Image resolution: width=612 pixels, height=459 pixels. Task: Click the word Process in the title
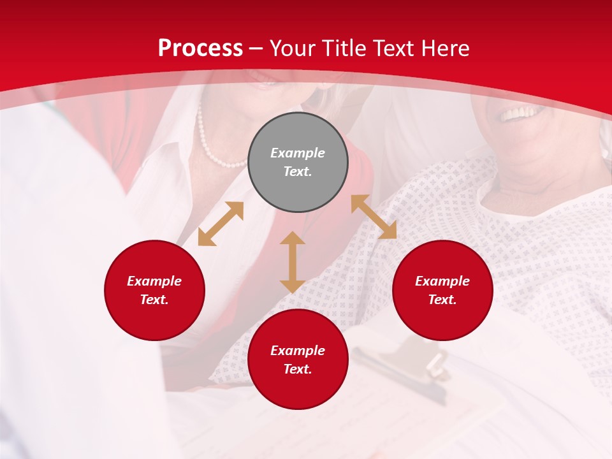click(x=200, y=48)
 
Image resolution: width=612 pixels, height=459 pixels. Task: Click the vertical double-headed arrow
click(x=292, y=262)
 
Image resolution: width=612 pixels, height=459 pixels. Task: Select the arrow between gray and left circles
click(x=221, y=224)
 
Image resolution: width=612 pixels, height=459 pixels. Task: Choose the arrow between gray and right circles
click(x=374, y=217)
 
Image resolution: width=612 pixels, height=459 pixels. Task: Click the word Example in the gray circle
click(x=298, y=153)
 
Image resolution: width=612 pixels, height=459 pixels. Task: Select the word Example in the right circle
click(x=442, y=281)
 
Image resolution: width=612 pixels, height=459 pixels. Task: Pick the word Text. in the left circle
click(x=154, y=300)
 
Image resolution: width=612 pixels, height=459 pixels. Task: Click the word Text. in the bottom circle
click(x=298, y=369)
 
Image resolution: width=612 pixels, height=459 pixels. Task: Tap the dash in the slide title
click(x=256, y=48)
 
